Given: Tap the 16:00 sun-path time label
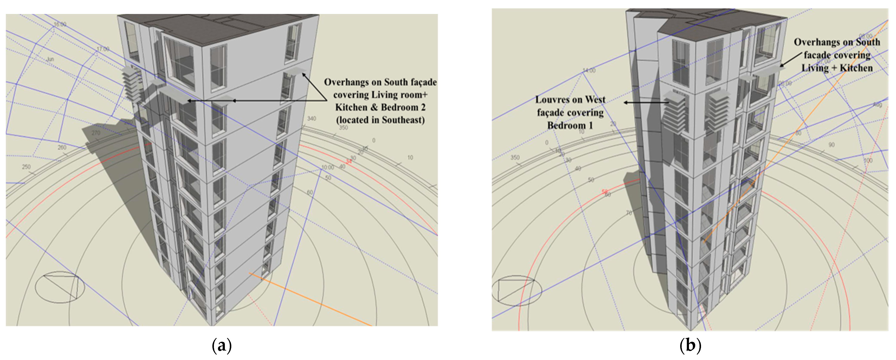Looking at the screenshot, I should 60,24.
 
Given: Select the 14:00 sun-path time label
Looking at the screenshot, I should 589,71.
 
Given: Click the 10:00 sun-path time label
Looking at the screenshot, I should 327,167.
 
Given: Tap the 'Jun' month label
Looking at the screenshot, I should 51,59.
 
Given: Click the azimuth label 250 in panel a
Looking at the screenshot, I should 26,167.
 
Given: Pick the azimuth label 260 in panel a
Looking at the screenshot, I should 62,147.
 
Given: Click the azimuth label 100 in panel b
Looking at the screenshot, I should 868,161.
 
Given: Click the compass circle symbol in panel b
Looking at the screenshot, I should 517,290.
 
